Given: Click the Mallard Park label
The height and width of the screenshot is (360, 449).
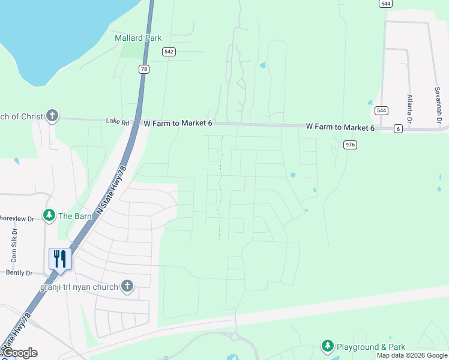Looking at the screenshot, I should click(138, 38).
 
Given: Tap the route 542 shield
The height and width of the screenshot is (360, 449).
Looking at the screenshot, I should click(169, 52).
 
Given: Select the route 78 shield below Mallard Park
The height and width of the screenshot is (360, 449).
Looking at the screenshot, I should click(143, 69).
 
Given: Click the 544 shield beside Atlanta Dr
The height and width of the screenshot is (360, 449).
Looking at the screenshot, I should click(381, 110).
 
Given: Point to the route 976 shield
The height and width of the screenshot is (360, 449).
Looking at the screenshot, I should click(351, 145).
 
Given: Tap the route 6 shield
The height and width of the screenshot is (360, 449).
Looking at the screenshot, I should click(398, 129).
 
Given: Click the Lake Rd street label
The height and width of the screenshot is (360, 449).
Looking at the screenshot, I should click(118, 122).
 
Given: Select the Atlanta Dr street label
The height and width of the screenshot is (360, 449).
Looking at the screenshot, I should click(410, 108).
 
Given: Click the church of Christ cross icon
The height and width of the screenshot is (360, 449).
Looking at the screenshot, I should click(52, 116).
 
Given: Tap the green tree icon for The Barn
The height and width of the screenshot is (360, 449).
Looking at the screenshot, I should click(49, 215).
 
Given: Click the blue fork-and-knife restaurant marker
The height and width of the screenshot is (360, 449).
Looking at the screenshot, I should click(60, 259).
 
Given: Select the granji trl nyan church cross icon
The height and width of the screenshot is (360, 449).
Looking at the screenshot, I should click(127, 286).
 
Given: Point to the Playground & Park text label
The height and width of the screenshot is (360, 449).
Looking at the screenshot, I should click(370, 347).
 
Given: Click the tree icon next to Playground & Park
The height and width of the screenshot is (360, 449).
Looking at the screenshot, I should click(327, 346).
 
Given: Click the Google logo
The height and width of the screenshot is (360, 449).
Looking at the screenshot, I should click(20, 353).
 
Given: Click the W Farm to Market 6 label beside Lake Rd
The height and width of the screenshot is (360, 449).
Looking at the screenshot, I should click(178, 123).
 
